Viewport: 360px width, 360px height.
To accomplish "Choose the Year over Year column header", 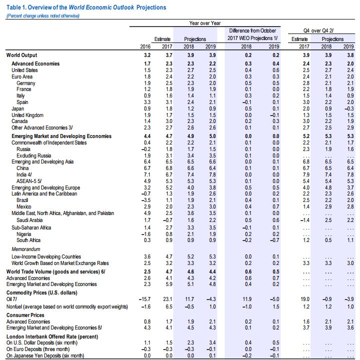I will click(x=205, y=23).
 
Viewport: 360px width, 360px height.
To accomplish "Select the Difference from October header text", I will click(x=249, y=30).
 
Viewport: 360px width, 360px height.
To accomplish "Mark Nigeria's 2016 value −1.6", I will click(x=145, y=233).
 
